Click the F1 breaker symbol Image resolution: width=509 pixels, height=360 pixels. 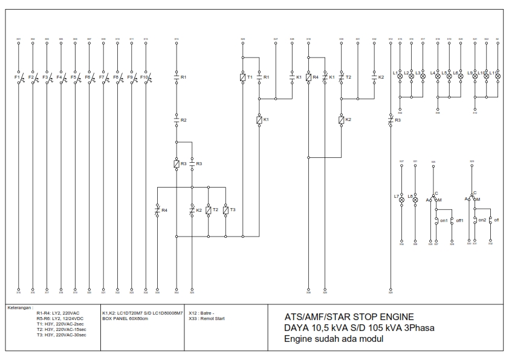click(x=19, y=79)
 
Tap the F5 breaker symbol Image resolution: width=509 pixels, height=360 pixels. click(x=76, y=79)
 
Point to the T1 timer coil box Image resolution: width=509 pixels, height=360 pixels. click(x=242, y=77)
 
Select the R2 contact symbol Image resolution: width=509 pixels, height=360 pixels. click(x=177, y=120)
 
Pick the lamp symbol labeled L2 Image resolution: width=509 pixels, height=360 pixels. click(x=411, y=77)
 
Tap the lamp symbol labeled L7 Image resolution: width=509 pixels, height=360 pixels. click(x=401, y=198)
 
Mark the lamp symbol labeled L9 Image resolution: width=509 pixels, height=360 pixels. click(x=475, y=77)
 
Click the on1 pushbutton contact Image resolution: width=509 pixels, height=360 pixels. click(x=438, y=221)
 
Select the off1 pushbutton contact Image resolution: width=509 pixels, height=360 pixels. click(x=452, y=221)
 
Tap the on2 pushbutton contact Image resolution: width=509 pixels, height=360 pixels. click(x=475, y=220)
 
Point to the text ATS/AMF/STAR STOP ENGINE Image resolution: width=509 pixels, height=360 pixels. click(x=349, y=316)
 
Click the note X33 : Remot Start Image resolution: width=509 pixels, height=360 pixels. click(x=207, y=318)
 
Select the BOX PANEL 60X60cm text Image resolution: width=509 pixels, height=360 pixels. click(x=125, y=318)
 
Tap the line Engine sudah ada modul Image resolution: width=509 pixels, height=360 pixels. click(x=334, y=339)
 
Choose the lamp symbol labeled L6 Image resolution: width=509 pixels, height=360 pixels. click(x=460, y=77)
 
